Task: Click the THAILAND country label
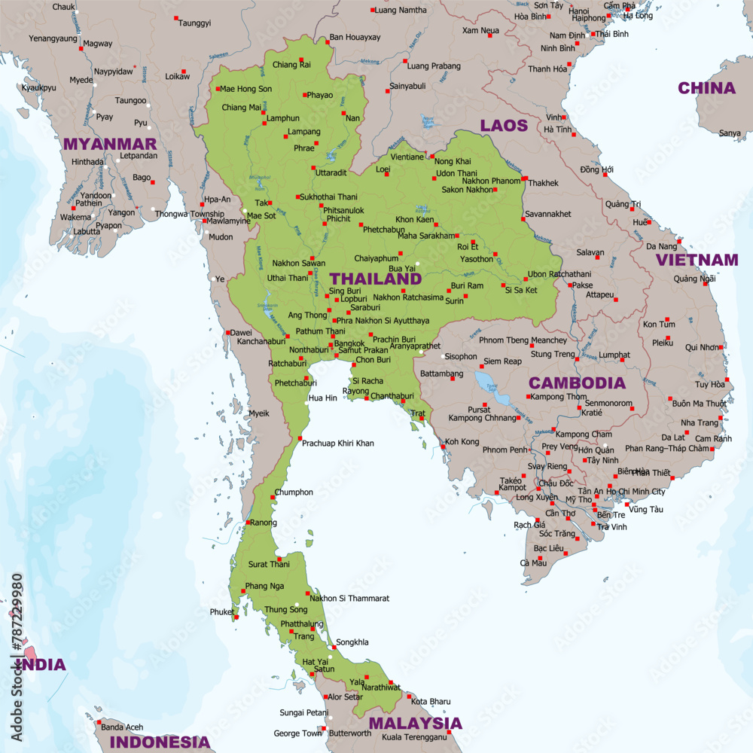376,279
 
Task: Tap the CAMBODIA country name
577,383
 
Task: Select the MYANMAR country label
110,144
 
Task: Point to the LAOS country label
504,125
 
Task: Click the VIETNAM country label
697,260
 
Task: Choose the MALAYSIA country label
415,724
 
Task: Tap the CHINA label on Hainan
706,88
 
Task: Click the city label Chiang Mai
241,108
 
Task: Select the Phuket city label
221,612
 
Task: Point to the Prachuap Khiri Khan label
337,444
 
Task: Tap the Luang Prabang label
433,66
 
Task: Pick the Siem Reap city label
502,361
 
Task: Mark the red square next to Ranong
248,522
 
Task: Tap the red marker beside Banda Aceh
98,721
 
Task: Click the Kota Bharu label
431,702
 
